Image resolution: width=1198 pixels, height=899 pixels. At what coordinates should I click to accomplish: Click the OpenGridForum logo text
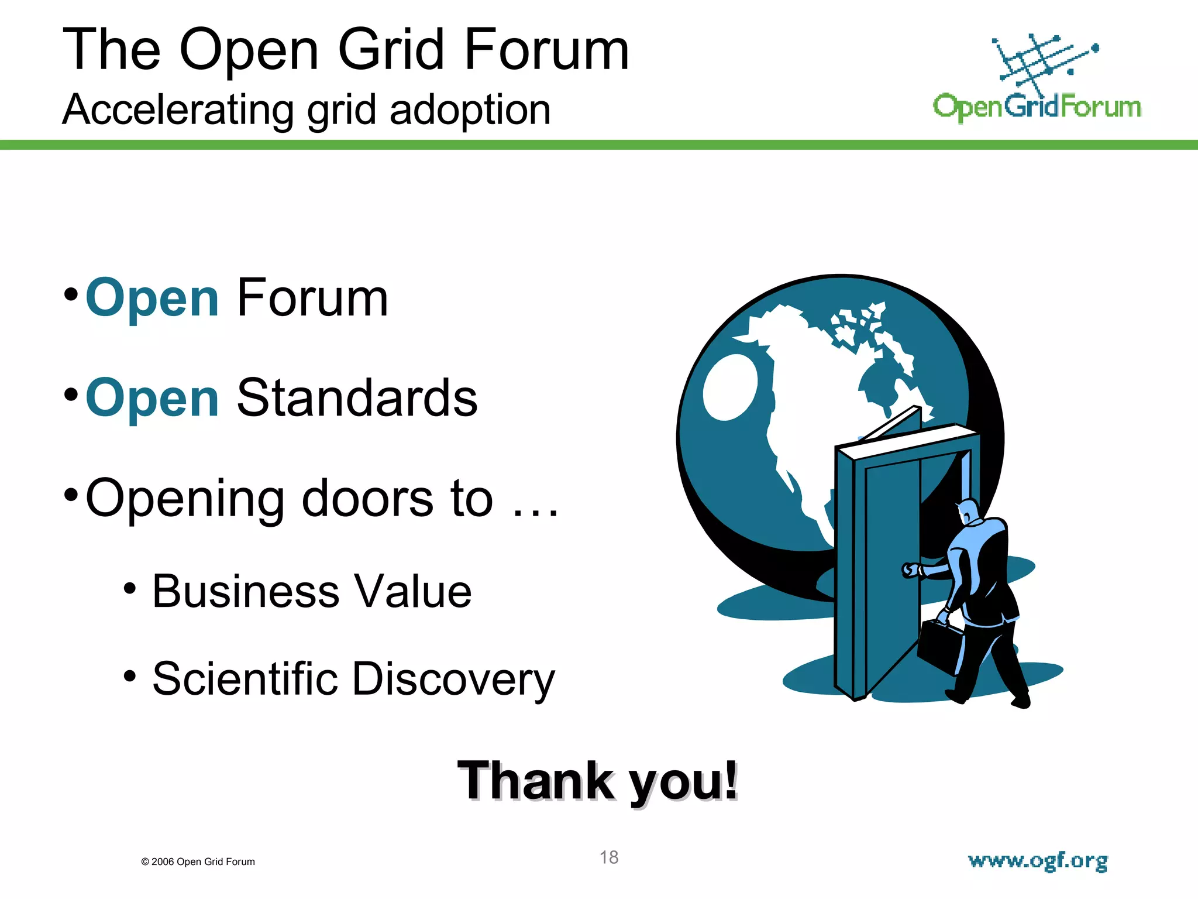(1037, 107)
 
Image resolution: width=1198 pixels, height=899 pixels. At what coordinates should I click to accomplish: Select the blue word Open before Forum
(152, 299)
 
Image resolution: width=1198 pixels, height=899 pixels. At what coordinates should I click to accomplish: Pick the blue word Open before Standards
(152, 399)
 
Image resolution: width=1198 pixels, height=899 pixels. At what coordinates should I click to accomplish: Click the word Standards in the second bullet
(357, 399)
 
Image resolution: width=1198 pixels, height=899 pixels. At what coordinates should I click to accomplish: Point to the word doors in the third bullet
(369, 498)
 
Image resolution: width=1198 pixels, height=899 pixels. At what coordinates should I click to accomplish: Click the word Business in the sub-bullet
(246, 592)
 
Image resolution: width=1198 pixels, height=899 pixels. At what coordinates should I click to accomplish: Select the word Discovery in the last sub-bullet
(453, 680)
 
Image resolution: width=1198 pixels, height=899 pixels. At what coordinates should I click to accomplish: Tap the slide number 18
(609, 857)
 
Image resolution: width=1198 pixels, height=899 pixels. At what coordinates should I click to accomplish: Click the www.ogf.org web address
(1038, 861)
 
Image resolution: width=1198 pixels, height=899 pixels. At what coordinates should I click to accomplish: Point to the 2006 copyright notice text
(198, 862)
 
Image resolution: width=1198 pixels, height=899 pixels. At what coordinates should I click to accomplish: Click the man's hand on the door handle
(910, 569)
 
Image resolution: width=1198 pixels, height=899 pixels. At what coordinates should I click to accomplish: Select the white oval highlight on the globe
(730, 387)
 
